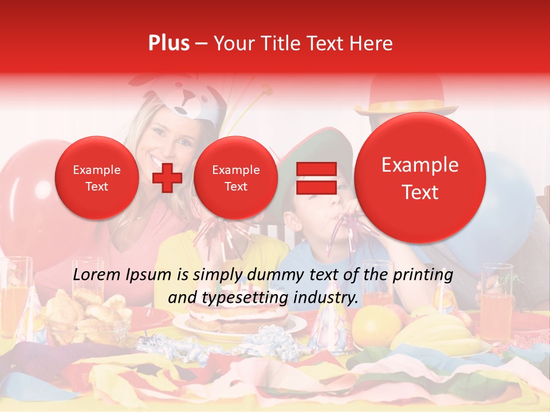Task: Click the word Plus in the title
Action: pos(168,43)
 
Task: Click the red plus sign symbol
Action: pos(167,178)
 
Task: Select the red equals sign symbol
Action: pos(316,178)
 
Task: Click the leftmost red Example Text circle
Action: pos(97,178)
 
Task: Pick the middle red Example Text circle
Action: pos(235,178)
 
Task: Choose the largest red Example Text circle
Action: pos(420,178)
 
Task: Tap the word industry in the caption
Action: pos(327,298)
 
